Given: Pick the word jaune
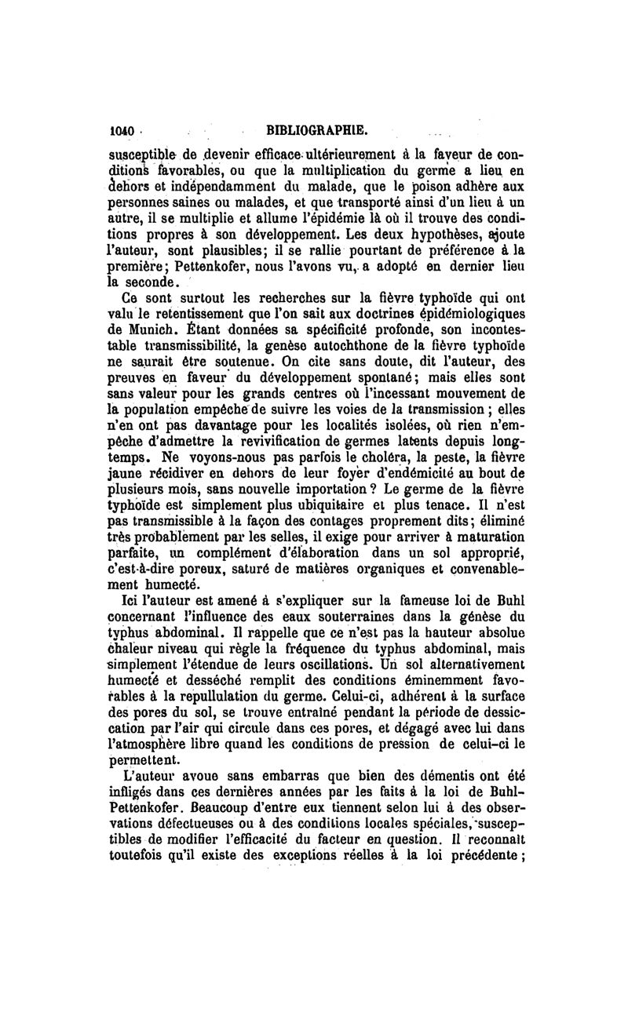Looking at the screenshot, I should pos(126,471).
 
